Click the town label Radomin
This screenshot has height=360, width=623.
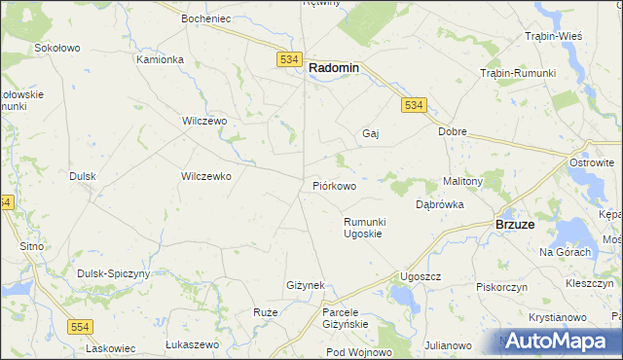tap(334, 68)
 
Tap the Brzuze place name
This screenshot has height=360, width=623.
tap(514, 223)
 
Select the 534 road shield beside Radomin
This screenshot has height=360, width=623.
tap(288, 59)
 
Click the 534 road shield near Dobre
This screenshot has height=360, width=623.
tap(414, 105)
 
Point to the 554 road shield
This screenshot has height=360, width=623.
tap(81, 328)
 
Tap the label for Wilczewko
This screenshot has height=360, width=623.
tap(205, 176)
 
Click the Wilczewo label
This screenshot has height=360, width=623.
tap(204, 121)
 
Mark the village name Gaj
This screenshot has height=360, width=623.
tap(370, 133)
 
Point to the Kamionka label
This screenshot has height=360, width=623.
tap(160, 59)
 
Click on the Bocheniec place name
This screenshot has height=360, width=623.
tap(204, 18)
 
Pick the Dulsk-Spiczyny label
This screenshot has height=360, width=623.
tap(114, 274)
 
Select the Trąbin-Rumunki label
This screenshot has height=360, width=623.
tap(518, 74)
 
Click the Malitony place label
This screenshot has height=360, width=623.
tap(463, 181)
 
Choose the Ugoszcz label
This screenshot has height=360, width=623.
tap(421, 276)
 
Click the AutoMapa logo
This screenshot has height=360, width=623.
tap(557, 341)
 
